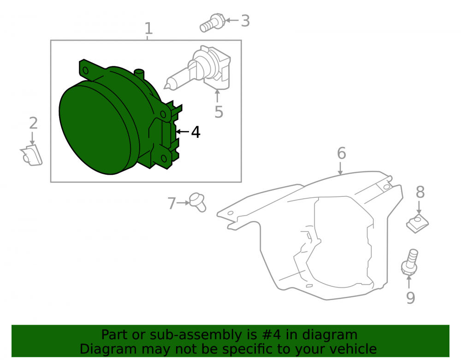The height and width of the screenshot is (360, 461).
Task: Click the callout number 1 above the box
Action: pos(149,29)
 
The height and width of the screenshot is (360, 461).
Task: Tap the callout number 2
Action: pos(33,123)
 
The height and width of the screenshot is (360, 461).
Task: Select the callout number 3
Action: pos(246,21)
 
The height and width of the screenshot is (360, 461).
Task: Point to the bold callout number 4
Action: pos(196,132)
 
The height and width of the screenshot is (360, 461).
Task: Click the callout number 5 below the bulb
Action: pos(219,112)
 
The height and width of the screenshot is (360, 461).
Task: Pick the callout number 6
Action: pos(341,153)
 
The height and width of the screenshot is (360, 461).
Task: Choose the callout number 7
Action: pos(171,203)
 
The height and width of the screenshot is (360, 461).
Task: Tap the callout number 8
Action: pos(420,192)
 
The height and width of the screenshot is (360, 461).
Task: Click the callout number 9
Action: pos(410,297)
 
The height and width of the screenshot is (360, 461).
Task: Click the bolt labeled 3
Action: pos(212,23)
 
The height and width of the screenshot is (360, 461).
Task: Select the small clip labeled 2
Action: pos(31,155)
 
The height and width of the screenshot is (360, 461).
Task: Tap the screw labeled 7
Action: pos(198,202)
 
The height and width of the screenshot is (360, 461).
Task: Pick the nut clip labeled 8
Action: pos(418,224)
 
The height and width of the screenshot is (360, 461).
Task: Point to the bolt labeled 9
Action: pos(409,262)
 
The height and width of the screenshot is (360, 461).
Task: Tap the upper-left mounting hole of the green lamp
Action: pos(86,71)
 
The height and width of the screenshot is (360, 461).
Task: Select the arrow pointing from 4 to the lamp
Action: pos(182,132)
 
